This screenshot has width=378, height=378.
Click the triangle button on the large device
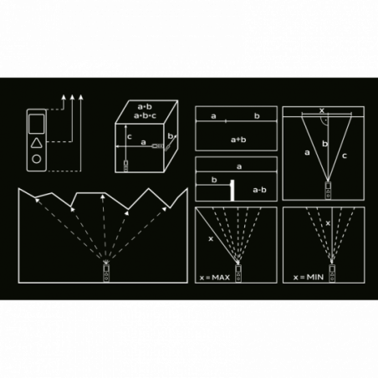click(x=37, y=143)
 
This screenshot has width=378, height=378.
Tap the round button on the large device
click(x=37, y=159)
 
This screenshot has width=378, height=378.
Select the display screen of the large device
click(x=37, y=124)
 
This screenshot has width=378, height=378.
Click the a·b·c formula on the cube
click(x=145, y=115)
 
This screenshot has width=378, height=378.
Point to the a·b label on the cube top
click(x=145, y=106)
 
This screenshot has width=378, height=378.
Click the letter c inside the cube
click(x=130, y=137)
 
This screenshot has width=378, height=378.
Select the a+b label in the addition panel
click(x=238, y=140)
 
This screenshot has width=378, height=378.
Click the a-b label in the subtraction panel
click(x=259, y=190)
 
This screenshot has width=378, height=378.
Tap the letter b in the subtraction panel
click(x=214, y=180)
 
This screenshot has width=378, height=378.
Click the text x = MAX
click(x=215, y=278)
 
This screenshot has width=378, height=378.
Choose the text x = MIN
click(x=309, y=278)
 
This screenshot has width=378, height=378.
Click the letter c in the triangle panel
click(x=345, y=156)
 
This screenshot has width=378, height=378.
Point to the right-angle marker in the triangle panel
click(x=324, y=120)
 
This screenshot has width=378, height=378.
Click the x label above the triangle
click(x=322, y=110)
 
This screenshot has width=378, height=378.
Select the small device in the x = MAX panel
click(x=238, y=273)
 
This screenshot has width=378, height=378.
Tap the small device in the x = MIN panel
click(x=332, y=273)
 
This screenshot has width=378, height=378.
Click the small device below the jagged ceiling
click(x=106, y=273)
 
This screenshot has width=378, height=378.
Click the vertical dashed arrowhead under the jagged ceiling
click(x=103, y=197)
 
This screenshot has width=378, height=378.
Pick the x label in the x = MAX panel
click(x=211, y=238)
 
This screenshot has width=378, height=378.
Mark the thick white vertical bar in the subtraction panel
click(x=232, y=190)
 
